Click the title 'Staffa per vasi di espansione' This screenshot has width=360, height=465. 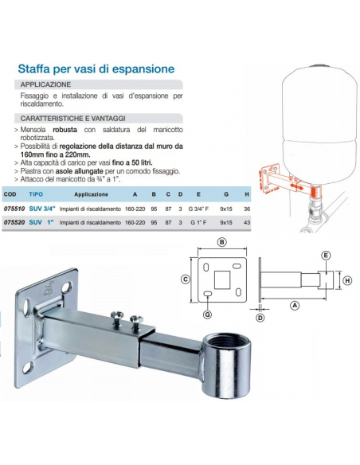[x=96, y=68]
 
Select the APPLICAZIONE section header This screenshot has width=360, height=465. [x=45, y=84]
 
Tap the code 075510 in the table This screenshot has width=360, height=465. [x=14, y=209]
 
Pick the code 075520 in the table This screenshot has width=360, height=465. [x=14, y=222]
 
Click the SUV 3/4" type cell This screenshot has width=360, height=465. [x=42, y=209]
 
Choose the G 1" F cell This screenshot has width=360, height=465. [x=198, y=222]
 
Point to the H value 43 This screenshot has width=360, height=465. [x=247, y=222]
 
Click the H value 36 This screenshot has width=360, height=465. [x=247, y=209]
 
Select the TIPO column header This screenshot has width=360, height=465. [x=36, y=194]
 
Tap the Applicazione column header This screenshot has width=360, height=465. [x=91, y=194]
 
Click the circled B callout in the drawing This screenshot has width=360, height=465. [x=221, y=242]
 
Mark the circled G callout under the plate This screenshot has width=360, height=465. [x=207, y=315]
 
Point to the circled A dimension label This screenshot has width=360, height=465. [x=295, y=305]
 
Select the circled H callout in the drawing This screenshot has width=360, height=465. [x=347, y=280]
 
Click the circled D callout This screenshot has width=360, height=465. [x=260, y=318]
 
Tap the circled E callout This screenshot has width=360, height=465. [x=326, y=256]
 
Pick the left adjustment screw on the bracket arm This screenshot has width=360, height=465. [x=116, y=318]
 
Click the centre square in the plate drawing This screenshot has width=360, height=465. [x=222, y=279]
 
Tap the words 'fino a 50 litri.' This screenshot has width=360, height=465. [x=132, y=162]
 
